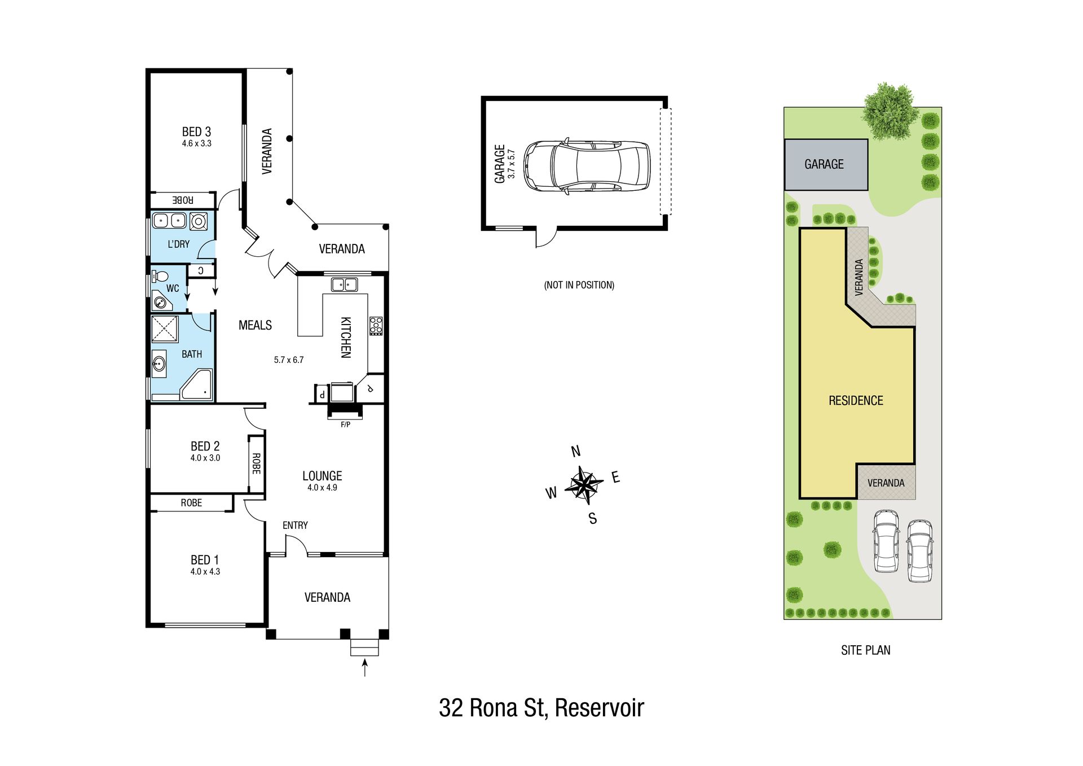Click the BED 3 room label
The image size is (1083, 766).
[196, 132]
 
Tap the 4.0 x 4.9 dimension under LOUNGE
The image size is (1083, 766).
[322, 488]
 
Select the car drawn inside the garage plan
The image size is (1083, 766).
[587, 166]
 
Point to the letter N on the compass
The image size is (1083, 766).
[576, 451]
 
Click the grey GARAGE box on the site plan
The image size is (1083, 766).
[826, 164]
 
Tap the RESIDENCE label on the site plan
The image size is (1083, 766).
[856, 401]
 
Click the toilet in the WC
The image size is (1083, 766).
[160, 277]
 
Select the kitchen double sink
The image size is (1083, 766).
[344, 284]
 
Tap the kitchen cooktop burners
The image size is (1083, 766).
[376, 326]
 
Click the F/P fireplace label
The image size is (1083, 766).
[345, 424]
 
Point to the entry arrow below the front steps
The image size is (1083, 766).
[365, 667]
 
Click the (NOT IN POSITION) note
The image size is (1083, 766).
[579, 285]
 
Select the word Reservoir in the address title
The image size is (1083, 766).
[599, 708]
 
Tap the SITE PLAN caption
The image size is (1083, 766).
[865, 650]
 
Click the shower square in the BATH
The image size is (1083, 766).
[165, 329]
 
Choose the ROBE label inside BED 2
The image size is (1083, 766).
[256, 463]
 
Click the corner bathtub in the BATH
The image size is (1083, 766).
[196, 384]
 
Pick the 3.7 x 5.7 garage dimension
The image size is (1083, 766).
[511, 164]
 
